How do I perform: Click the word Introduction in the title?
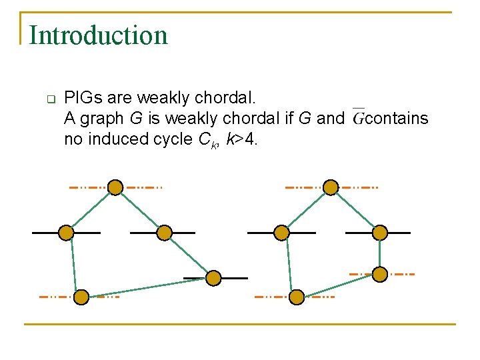click(99, 35)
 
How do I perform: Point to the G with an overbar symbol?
click(358, 118)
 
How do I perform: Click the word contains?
click(397, 119)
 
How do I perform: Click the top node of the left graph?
click(115, 187)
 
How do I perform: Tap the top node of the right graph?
click(330, 187)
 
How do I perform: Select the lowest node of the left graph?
click(81, 297)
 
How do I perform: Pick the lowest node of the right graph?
click(297, 297)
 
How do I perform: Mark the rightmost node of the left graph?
click(213, 277)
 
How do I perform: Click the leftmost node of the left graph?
click(66, 233)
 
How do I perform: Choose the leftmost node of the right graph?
click(282, 233)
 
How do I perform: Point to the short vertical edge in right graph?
click(379, 253)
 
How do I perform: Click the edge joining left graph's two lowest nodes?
click(147, 287)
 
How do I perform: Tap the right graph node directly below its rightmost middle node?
click(379, 274)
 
